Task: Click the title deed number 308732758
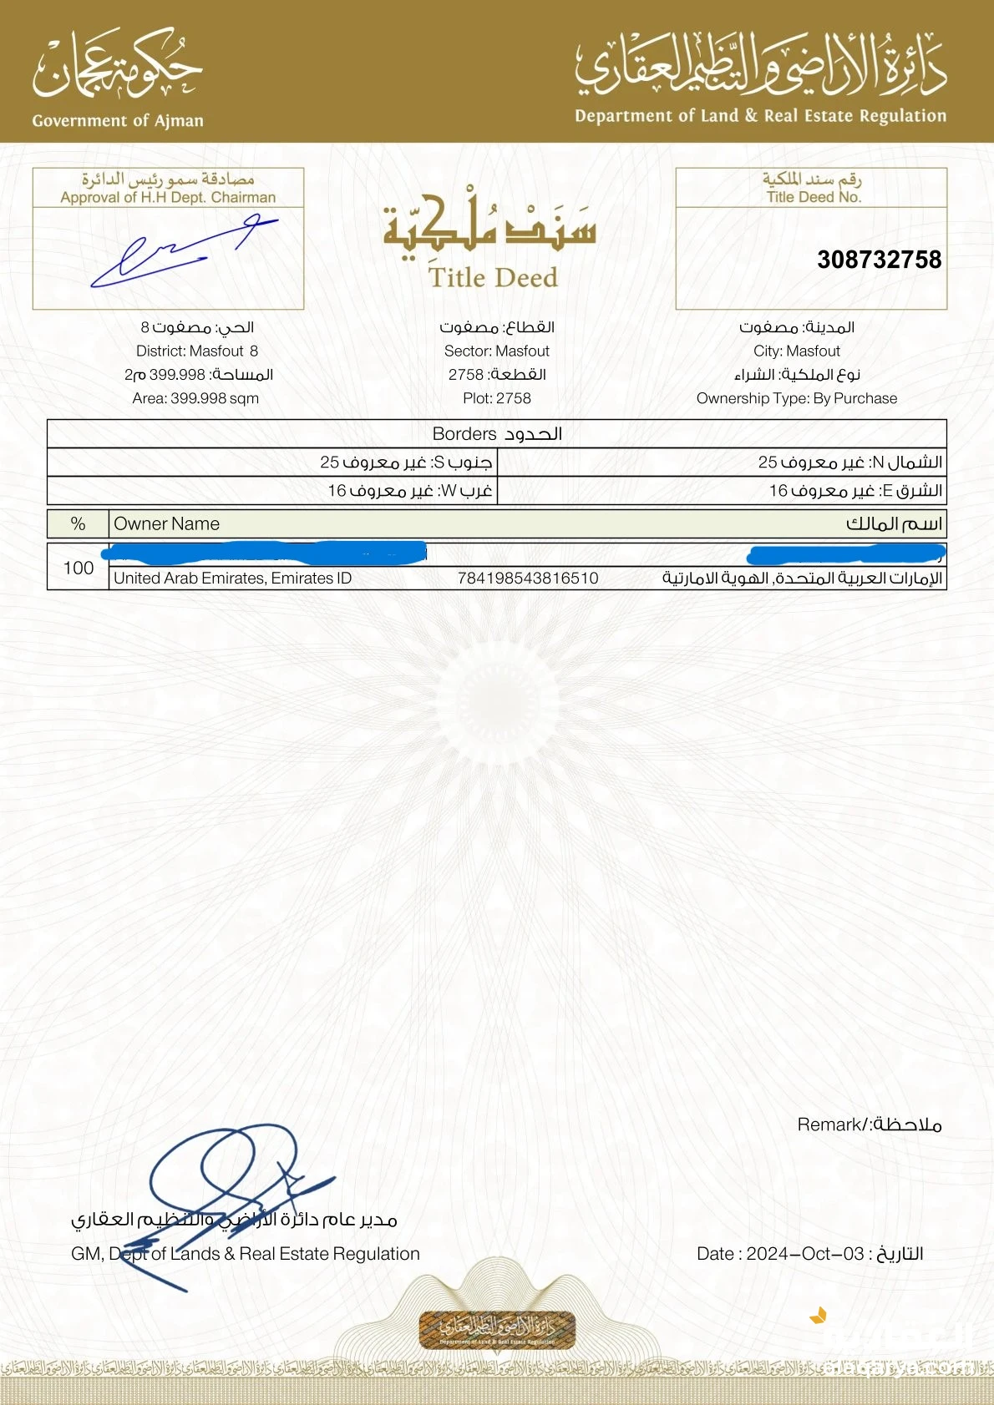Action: click(879, 260)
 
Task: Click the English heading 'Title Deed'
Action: click(493, 277)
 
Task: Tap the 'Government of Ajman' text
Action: click(118, 120)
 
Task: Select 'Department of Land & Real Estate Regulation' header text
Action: click(760, 116)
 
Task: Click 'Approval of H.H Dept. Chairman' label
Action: click(168, 197)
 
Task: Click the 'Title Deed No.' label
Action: click(813, 197)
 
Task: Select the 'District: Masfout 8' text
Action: click(197, 351)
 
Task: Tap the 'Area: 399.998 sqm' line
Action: click(195, 398)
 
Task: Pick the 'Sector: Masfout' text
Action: click(497, 351)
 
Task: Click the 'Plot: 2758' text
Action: click(497, 398)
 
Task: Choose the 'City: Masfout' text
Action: click(797, 351)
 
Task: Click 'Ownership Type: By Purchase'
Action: click(797, 398)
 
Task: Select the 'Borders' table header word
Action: click(464, 434)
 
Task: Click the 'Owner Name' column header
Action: click(166, 523)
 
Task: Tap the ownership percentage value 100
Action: click(79, 568)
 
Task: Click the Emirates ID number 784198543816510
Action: click(528, 578)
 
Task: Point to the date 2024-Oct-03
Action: click(804, 1253)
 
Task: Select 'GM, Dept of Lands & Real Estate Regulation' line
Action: click(246, 1253)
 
